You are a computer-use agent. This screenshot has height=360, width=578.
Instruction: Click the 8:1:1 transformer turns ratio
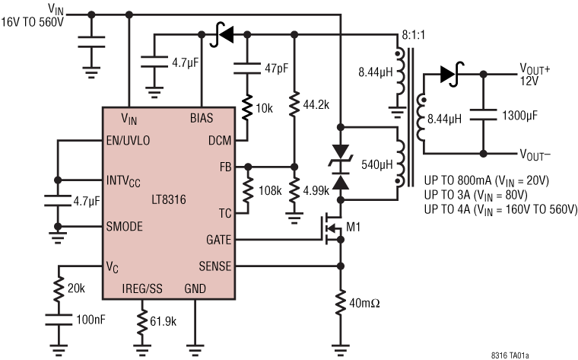(413, 36)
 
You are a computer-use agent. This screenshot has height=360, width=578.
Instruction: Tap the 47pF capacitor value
(275, 69)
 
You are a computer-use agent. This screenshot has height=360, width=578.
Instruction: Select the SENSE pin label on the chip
(215, 266)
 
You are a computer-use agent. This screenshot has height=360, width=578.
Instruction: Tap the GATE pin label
(218, 239)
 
